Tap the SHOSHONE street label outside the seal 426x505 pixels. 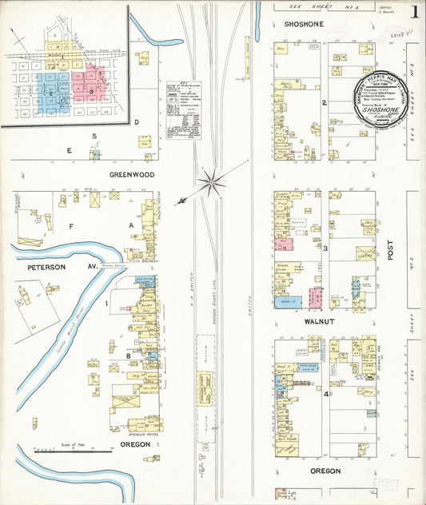(x=305, y=25)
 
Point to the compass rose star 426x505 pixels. (x=211, y=183)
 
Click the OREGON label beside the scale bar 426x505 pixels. (x=135, y=444)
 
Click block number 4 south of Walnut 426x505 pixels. (x=325, y=394)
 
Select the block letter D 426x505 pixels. (x=137, y=122)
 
